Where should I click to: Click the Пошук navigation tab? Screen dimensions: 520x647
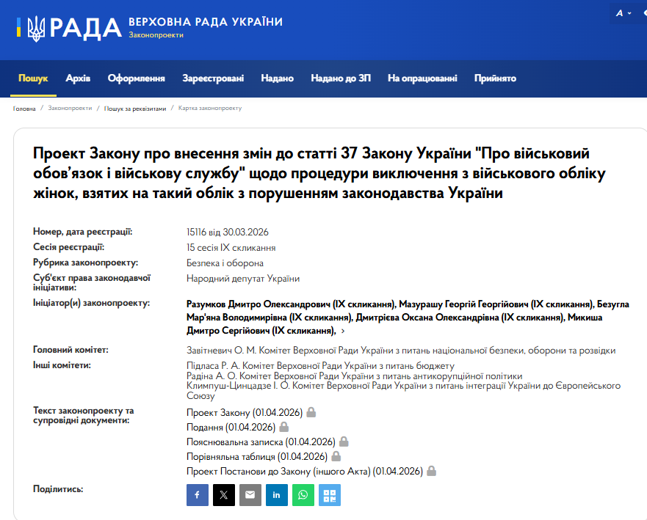33,78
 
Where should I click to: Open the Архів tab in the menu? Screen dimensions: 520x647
78,78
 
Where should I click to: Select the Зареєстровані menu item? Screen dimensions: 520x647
213,78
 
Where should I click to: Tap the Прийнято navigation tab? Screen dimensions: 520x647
495,78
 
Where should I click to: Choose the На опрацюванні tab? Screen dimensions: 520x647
422,78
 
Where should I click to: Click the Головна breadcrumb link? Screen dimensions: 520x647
24,109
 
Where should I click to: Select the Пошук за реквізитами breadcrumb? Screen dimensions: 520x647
135,109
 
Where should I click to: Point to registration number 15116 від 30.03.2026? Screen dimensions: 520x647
228,232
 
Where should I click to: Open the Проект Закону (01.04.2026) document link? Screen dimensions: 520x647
245,412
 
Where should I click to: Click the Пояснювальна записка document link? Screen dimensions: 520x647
261,442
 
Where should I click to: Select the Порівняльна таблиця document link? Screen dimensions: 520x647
245,456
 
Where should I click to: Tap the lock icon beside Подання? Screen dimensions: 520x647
284,427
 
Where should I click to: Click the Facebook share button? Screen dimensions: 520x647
198,495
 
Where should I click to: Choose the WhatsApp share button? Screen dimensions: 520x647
303,495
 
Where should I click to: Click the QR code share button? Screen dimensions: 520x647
330,495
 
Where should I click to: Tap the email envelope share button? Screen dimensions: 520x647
250,495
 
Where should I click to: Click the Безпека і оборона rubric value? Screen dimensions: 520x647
225,263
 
